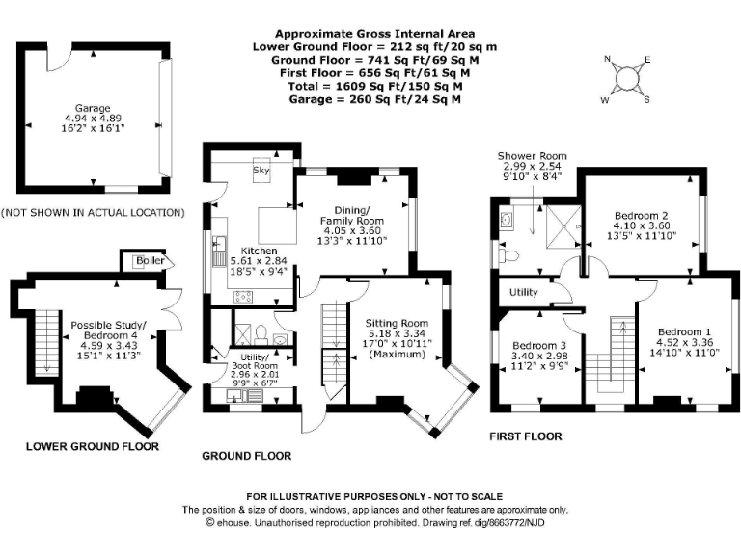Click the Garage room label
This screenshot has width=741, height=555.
tap(95, 109)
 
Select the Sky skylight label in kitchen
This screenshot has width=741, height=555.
tap(261, 170)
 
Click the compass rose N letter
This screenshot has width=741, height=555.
tap(607, 60)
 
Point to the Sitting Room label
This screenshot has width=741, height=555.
tap(396, 324)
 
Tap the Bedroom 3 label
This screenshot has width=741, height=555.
tap(538, 345)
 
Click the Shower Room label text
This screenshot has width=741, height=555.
tap(532, 156)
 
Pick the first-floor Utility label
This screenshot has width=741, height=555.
tap(517, 292)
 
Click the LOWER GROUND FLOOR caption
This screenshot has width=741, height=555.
tap(93, 446)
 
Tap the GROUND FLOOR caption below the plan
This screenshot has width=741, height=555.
tap(245, 455)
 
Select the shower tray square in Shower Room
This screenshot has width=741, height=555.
tap(558, 229)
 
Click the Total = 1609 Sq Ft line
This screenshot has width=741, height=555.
tap(370, 86)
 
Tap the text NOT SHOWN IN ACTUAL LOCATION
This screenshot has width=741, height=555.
tap(93, 212)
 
